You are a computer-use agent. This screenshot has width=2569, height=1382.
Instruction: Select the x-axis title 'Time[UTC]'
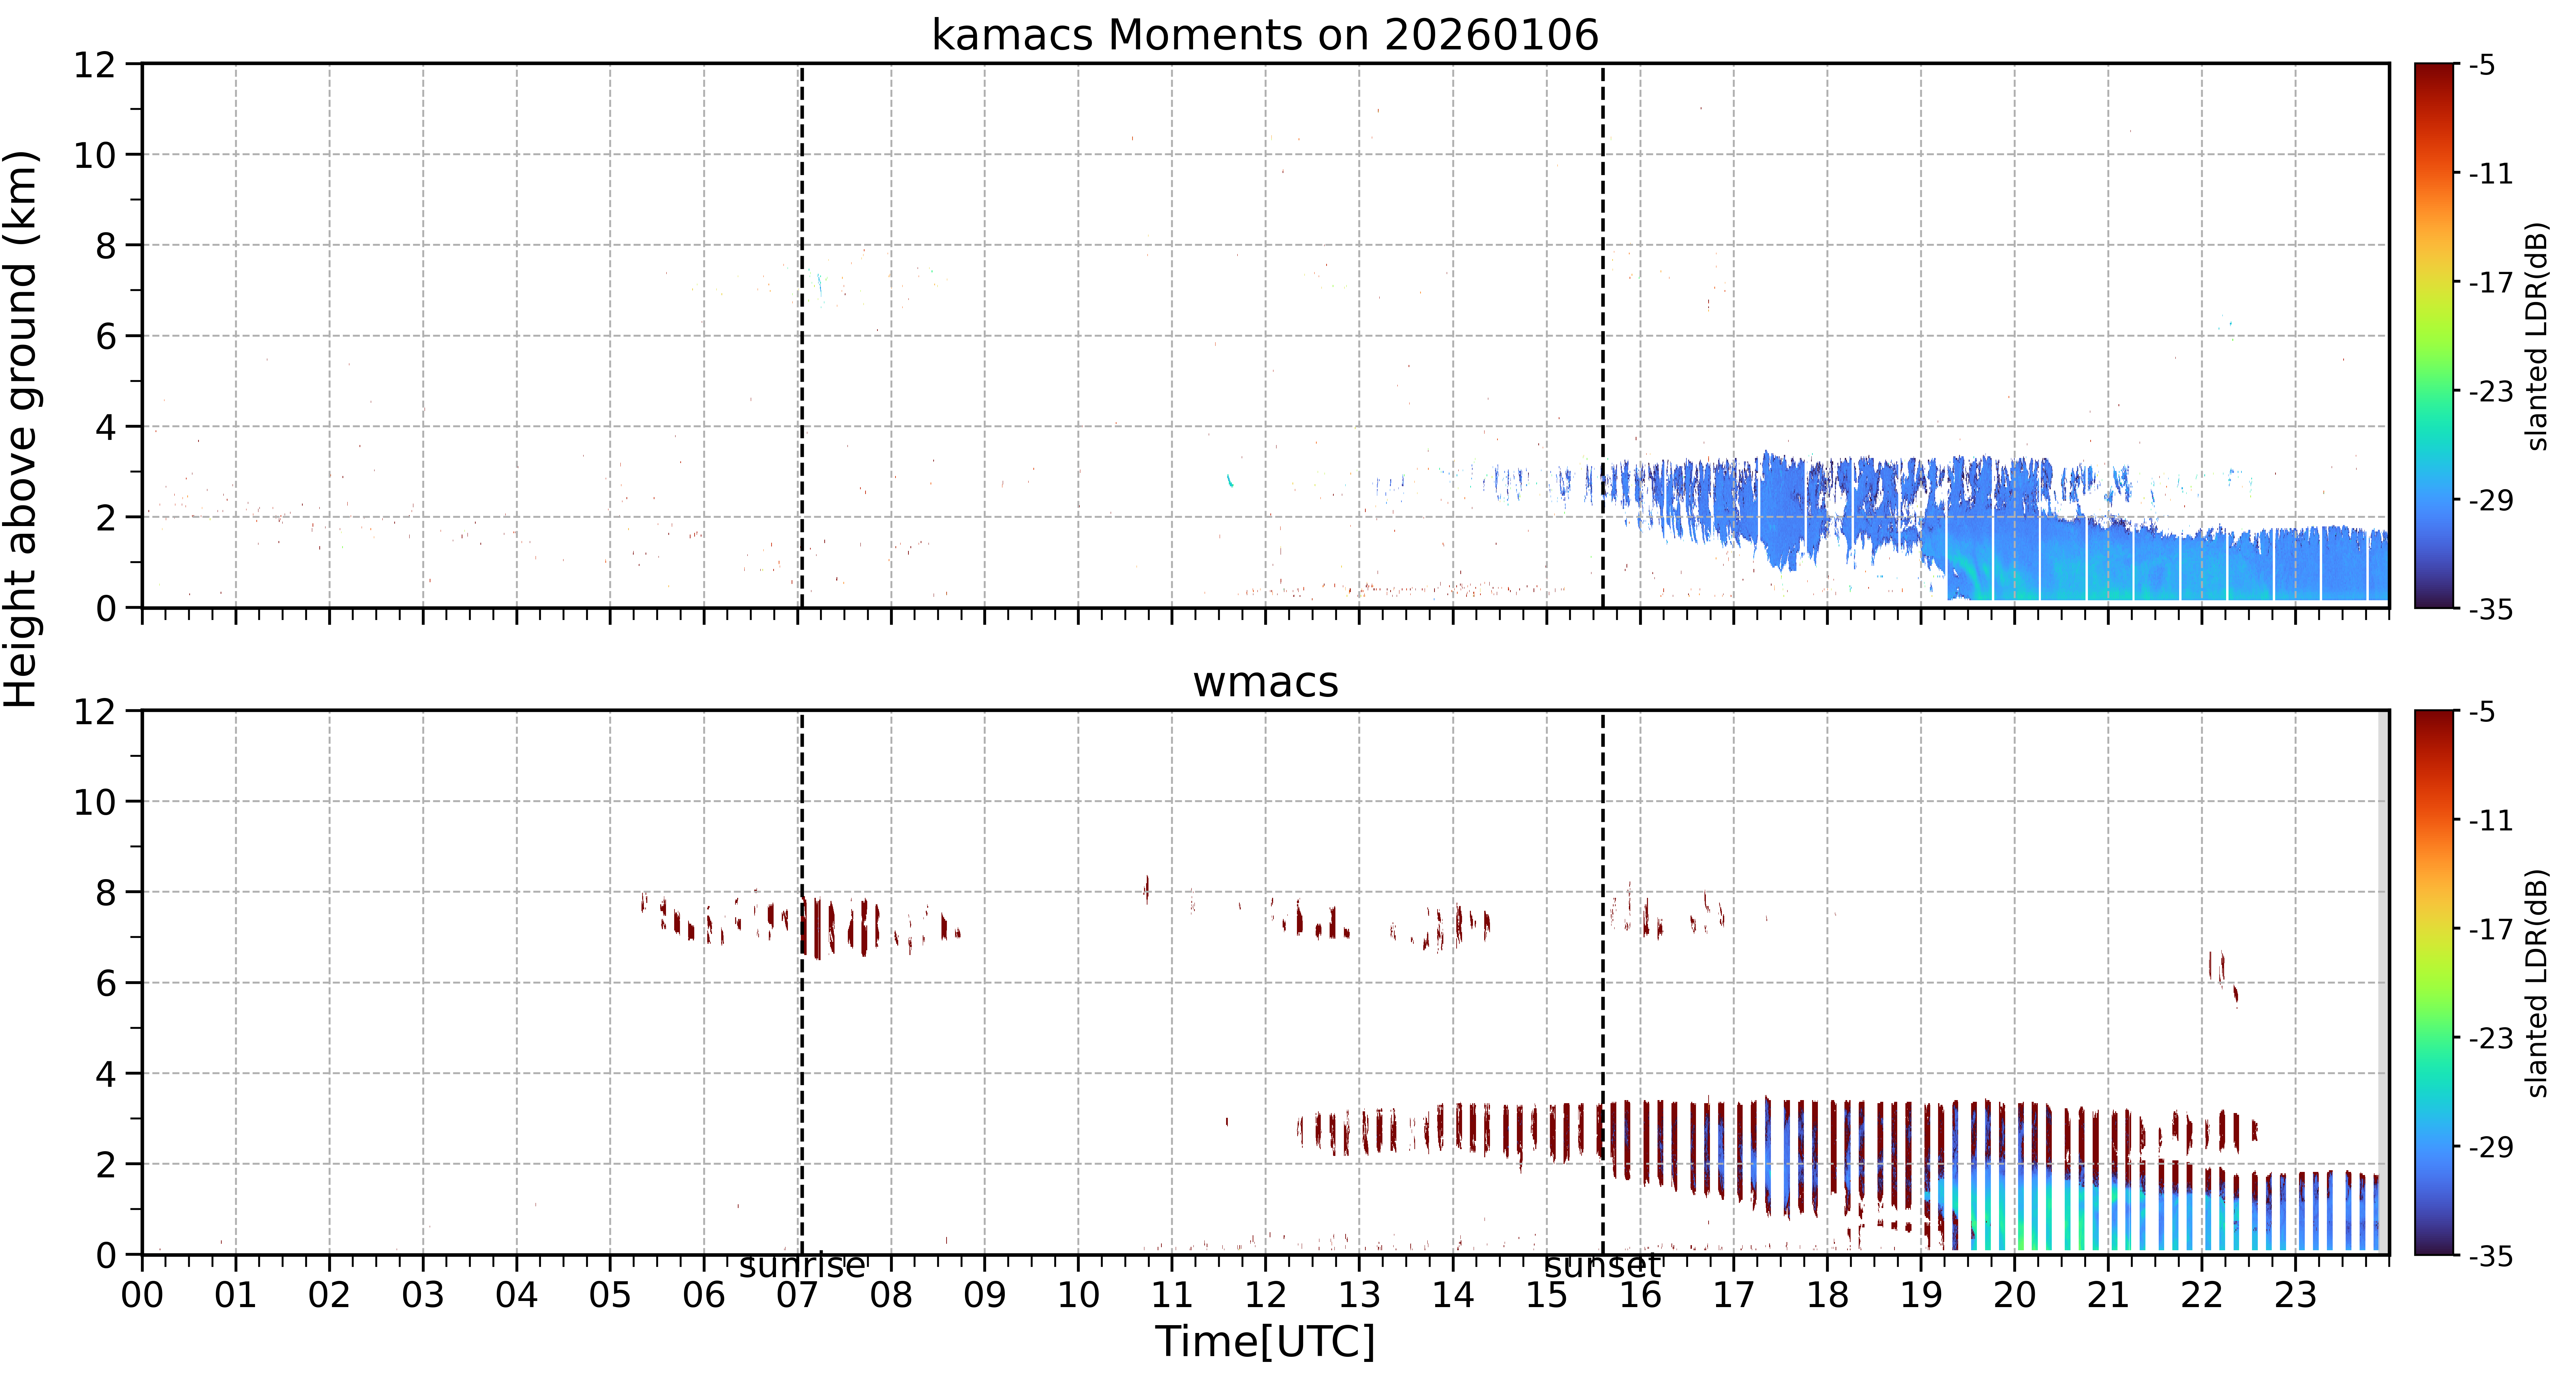pos(1265,1341)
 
